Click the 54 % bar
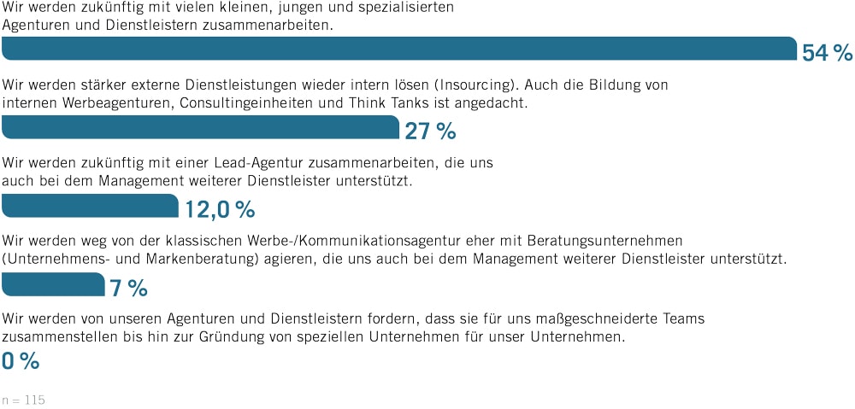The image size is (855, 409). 399,49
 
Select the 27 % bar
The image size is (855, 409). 201,127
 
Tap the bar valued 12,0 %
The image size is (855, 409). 91,206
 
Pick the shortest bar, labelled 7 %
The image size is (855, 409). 53,283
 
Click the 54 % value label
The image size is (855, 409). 827,53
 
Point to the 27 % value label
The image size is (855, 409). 430,131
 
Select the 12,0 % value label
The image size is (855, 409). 220,210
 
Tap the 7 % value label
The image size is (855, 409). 129,288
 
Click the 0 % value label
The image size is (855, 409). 21,362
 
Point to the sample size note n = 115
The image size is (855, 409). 24,400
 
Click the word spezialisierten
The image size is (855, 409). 402,8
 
